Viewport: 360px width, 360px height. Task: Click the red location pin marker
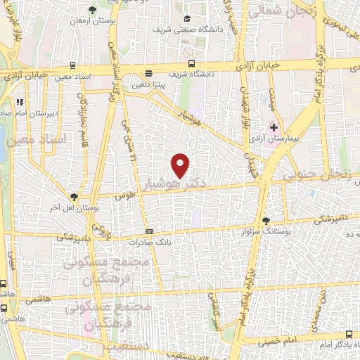(181, 165)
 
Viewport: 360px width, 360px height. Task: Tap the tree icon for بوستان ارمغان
(93, 10)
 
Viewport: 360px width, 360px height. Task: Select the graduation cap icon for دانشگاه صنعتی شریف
(186, 19)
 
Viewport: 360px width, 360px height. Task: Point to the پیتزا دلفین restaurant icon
(148, 74)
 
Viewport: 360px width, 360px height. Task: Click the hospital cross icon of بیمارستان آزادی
(274, 127)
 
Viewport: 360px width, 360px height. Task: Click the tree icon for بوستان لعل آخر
(74, 198)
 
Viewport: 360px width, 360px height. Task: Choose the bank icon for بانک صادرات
(149, 231)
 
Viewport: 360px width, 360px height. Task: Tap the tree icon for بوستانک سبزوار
(266, 221)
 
